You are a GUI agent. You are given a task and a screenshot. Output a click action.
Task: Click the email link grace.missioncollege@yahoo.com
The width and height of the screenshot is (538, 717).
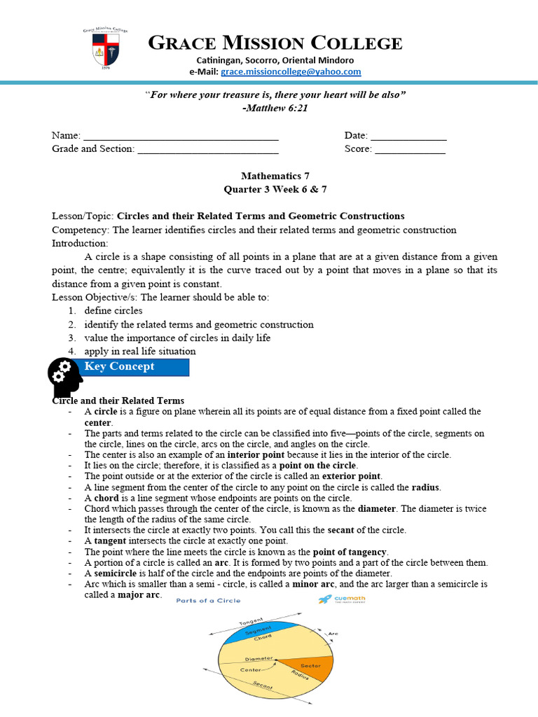click(x=291, y=71)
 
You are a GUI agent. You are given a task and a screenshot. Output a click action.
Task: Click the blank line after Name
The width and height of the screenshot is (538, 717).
click(x=181, y=136)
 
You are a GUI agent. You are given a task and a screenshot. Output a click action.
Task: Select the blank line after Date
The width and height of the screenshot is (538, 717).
click(x=408, y=136)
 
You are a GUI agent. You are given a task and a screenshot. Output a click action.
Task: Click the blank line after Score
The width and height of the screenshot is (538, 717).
click(x=410, y=149)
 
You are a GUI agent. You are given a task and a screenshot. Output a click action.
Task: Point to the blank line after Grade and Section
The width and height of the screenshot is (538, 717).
click(x=208, y=149)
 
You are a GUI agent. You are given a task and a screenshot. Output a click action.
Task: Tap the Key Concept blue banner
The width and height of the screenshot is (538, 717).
click(x=134, y=367)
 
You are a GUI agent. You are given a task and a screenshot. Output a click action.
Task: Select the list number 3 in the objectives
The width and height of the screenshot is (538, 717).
click(x=71, y=337)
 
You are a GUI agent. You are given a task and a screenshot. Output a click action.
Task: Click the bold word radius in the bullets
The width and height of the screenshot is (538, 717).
click(x=426, y=487)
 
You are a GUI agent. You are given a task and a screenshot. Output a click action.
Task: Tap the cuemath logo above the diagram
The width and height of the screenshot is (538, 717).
click(x=342, y=599)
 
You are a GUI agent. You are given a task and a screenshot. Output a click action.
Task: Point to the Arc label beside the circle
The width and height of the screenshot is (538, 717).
click(x=333, y=634)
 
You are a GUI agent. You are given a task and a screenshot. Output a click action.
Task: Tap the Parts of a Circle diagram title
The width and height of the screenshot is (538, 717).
click(x=208, y=600)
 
